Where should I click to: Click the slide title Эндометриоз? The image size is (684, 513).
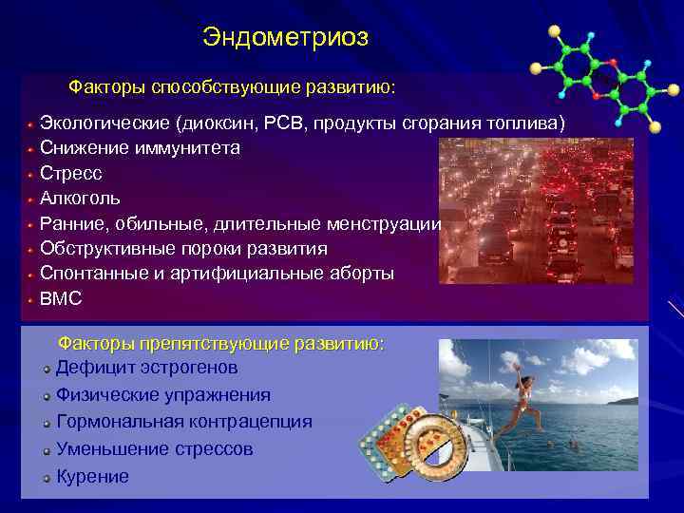click(x=285, y=38)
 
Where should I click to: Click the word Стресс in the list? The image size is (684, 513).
click(x=70, y=174)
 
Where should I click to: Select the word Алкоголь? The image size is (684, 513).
click(x=81, y=199)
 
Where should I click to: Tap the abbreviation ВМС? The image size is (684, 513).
click(x=61, y=298)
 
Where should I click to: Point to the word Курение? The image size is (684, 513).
click(x=92, y=477)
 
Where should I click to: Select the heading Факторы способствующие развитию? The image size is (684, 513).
click(x=232, y=87)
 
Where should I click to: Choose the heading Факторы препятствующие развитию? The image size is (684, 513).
click(x=221, y=343)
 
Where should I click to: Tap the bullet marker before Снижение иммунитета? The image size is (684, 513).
click(x=30, y=149)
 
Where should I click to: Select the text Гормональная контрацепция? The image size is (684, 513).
click(x=183, y=422)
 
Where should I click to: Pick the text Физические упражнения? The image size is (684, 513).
click(x=163, y=394)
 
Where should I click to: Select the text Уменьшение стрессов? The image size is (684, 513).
click(x=154, y=449)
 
